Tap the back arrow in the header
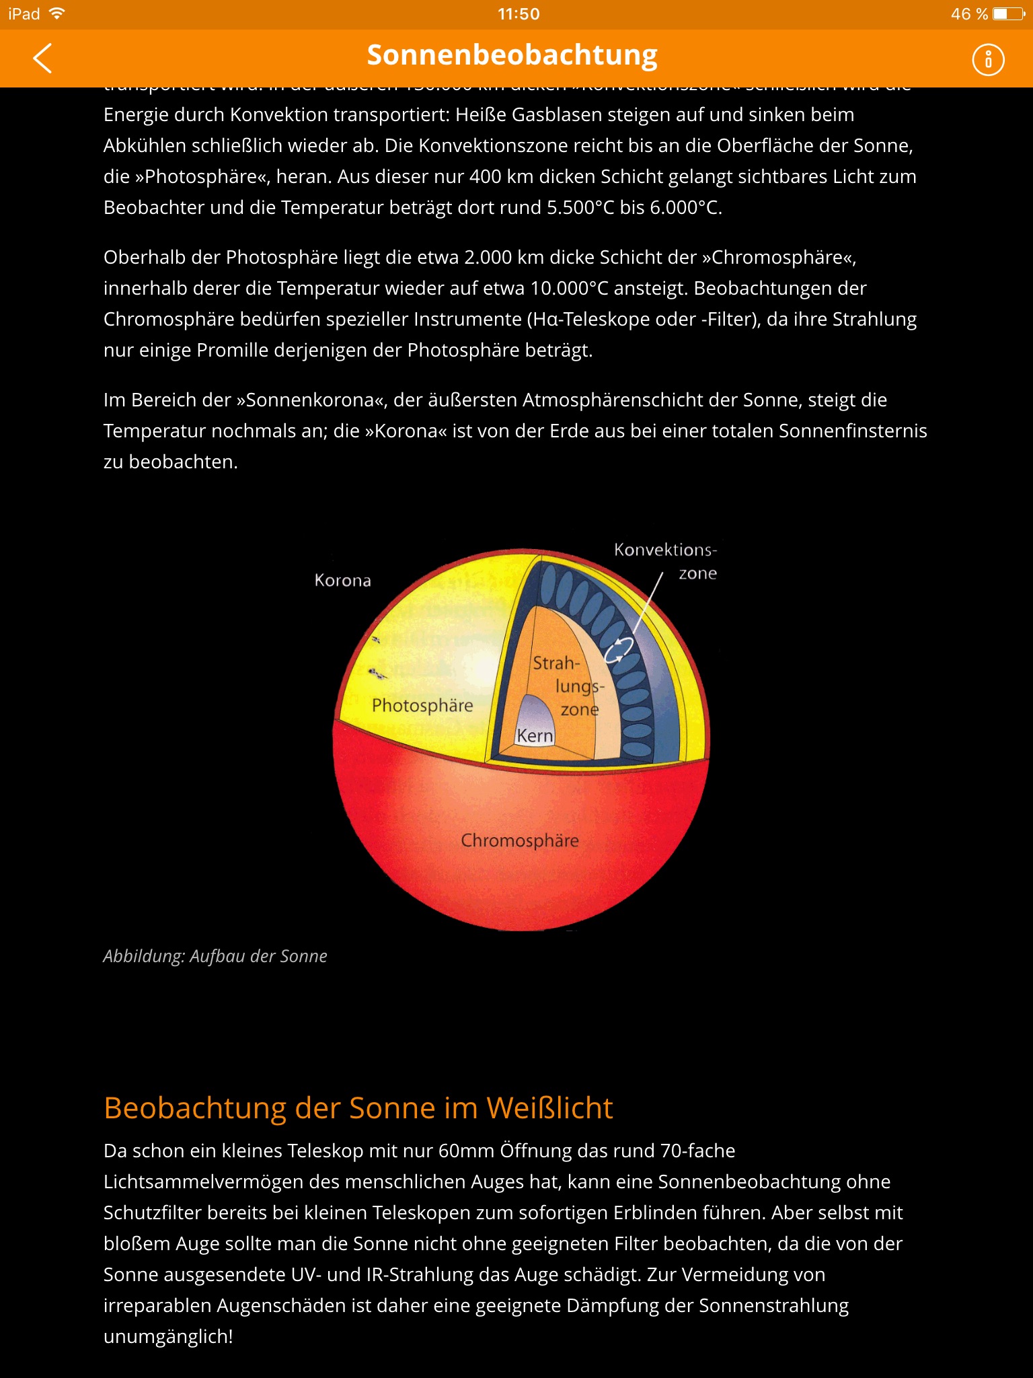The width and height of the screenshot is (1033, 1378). pyautogui.click(x=42, y=59)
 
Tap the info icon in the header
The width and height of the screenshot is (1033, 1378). pyautogui.click(x=988, y=60)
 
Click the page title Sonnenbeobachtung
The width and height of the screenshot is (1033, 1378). pyautogui.click(x=512, y=56)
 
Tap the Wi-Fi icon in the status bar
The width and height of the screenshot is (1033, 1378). pyautogui.click(x=58, y=13)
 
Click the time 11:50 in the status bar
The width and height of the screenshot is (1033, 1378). pyautogui.click(x=519, y=14)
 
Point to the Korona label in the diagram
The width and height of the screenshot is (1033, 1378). pyautogui.click(x=342, y=581)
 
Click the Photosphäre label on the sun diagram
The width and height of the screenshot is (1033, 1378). pyautogui.click(x=422, y=705)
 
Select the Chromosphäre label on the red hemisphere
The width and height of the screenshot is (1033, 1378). pyautogui.click(x=519, y=840)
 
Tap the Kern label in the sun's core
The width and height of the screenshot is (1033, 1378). pyautogui.click(x=535, y=736)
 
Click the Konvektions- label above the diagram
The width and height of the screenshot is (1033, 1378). pyautogui.click(x=665, y=550)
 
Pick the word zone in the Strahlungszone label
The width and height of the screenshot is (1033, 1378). pyautogui.click(x=579, y=709)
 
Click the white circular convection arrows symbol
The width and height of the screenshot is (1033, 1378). pyautogui.click(x=618, y=649)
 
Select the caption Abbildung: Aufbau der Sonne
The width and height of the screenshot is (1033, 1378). pyautogui.click(x=215, y=956)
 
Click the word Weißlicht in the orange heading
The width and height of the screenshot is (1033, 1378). pyautogui.click(x=549, y=1108)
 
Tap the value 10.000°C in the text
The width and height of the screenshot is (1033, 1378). pyautogui.click(x=569, y=289)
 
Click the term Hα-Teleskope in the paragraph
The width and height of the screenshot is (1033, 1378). pyautogui.click(x=592, y=320)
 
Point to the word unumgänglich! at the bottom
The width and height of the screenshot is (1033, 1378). pyautogui.click(x=168, y=1336)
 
